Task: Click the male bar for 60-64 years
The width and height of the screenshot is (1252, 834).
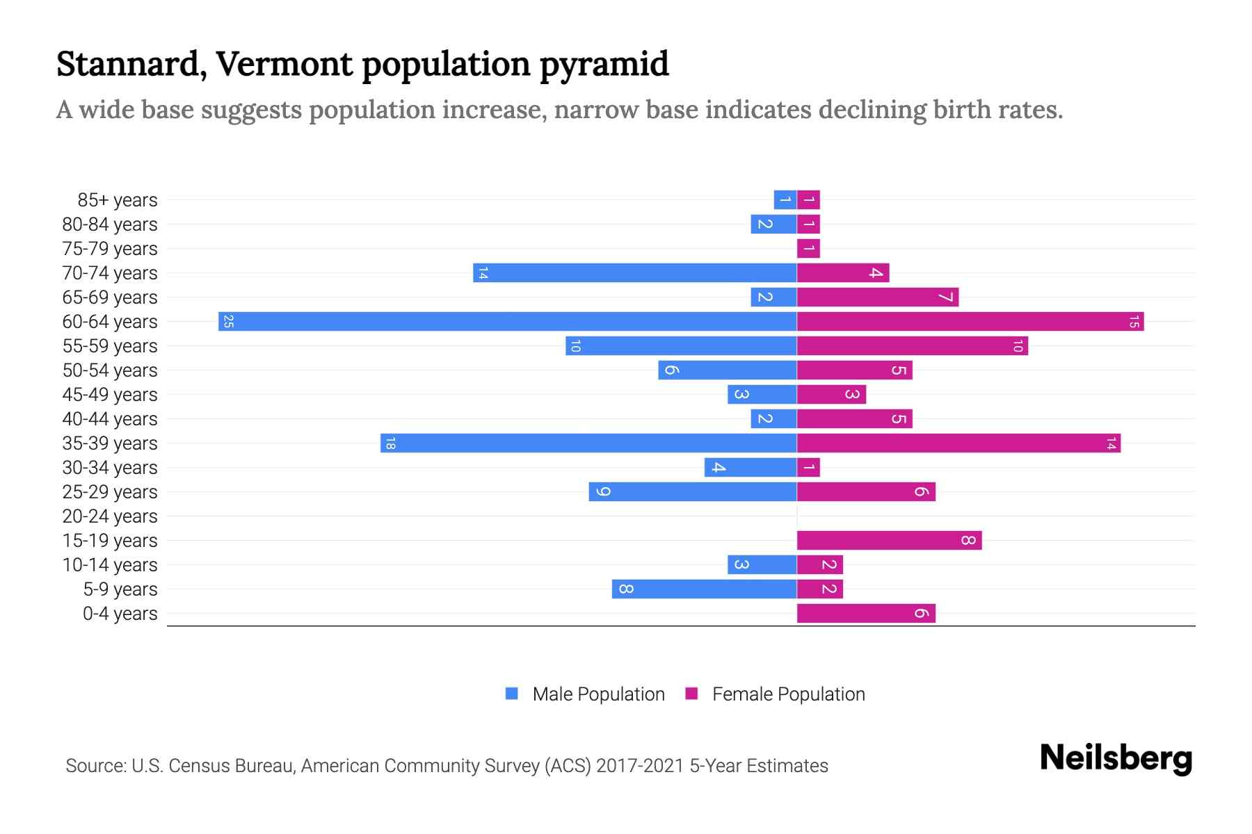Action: pos(508,321)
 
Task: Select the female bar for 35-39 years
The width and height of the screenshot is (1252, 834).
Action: pos(958,443)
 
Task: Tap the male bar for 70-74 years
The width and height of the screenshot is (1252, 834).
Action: pos(634,272)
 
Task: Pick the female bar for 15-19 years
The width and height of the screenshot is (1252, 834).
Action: pos(889,540)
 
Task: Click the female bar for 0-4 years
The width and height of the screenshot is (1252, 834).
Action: pos(866,613)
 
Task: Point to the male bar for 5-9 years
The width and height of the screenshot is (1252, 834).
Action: pos(704,589)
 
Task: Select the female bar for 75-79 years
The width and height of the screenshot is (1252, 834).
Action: pos(808,248)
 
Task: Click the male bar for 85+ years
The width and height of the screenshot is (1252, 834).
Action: pos(785,199)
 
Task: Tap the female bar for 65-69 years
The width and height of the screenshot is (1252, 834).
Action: pos(878,297)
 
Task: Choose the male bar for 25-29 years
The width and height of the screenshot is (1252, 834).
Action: pos(693,491)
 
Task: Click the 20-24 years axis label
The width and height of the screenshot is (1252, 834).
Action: pos(110,516)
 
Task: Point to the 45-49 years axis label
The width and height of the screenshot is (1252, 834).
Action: pos(110,395)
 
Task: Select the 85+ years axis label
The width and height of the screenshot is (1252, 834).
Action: pos(118,200)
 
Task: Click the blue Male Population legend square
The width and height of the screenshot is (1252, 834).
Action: pos(512,694)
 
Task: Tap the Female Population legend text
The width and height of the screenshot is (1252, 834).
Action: pos(788,694)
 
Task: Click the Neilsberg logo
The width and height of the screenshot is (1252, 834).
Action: pos(1116,758)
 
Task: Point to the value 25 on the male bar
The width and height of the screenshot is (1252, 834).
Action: pos(228,321)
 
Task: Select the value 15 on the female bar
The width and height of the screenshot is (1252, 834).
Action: pos(1134,321)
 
